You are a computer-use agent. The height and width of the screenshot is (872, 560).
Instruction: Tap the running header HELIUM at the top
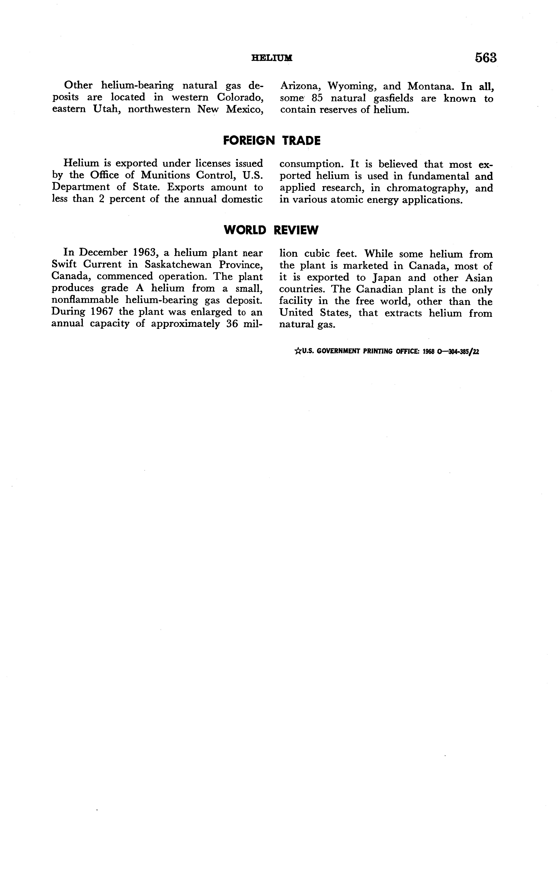pyautogui.click(x=272, y=58)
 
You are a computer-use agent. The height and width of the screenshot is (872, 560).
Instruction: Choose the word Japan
pyautogui.click(x=387, y=278)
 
